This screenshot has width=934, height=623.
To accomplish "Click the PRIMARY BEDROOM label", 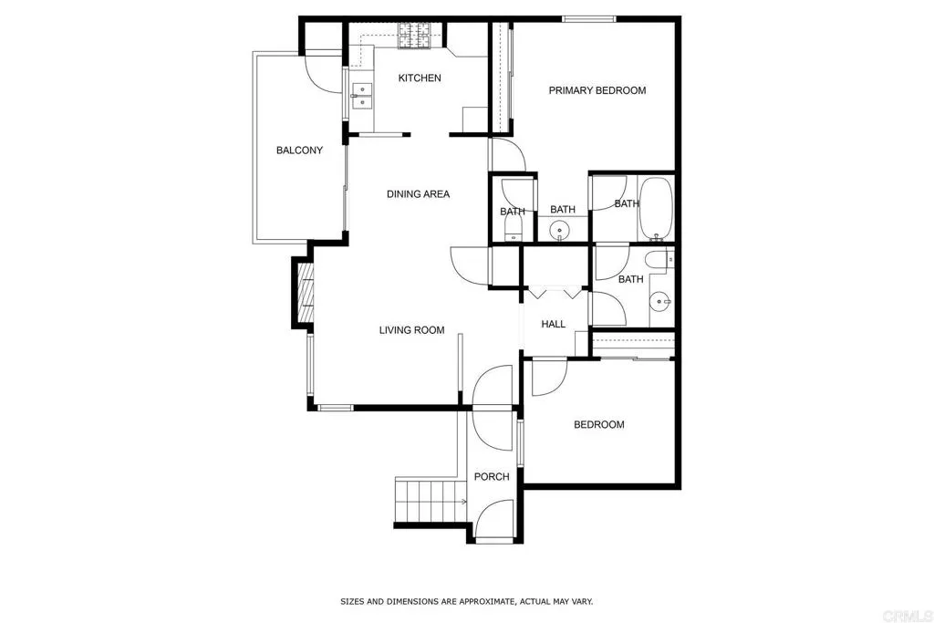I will (597, 90).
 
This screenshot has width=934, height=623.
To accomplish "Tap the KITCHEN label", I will (420, 78).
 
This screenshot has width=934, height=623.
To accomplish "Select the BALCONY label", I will (299, 151).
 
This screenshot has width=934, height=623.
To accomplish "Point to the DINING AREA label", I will (418, 193).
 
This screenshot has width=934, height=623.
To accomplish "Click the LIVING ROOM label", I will (411, 330).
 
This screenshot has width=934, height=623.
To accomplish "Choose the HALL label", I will (553, 324).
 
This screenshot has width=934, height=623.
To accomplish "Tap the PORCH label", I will (492, 476).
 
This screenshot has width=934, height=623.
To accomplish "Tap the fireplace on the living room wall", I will (302, 292).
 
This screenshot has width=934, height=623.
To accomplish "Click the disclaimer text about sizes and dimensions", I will (466, 601).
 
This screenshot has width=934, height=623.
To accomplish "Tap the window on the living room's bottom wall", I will (335, 407).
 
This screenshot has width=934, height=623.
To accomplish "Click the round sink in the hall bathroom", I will (660, 299).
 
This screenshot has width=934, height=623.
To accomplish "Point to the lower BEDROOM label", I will (598, 424).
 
